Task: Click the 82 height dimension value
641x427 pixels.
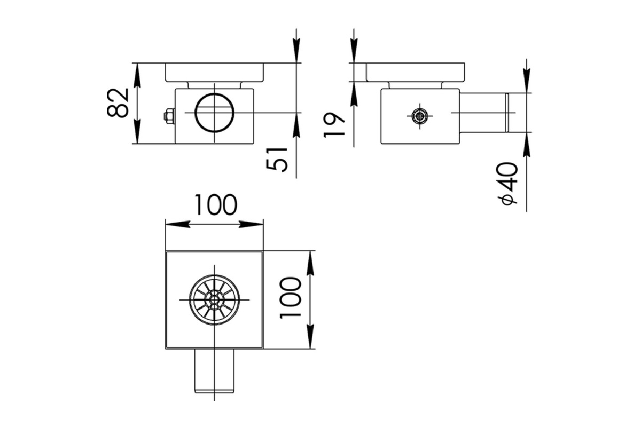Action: point(118,103)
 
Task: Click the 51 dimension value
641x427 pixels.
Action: point(277,160)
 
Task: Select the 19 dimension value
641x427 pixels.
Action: point(334,125)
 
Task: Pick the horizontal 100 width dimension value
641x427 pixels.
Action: point(216,205)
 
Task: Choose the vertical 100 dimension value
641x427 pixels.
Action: point(291,298)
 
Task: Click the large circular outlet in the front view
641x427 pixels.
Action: point(214,113)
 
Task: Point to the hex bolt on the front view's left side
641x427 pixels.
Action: point(169,116)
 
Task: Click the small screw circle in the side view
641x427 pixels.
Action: point(419,116)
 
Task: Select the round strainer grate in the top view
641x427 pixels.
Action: point(214,300)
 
